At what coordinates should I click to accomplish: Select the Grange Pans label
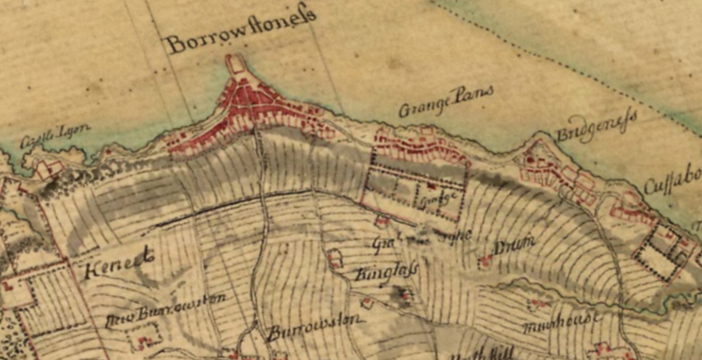[445, 102]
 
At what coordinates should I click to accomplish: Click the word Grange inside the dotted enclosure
[438, 198]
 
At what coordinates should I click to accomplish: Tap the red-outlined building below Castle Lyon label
[50, 168]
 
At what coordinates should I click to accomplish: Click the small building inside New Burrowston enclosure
[143, 340]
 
